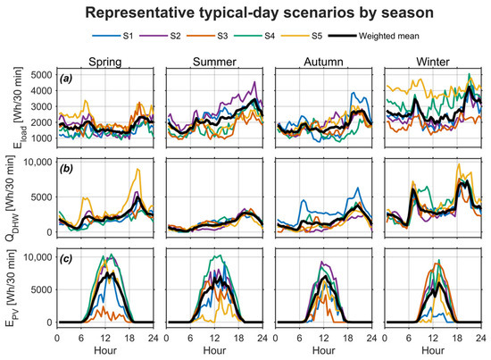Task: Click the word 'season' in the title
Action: (x=407, y=13)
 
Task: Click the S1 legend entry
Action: (x=112, y=36)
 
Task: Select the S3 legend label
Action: (x=222, y=36)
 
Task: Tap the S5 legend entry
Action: (x=302, y=36)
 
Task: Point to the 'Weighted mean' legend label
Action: (x=389, y=36)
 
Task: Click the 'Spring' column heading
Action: (x=105, y=62)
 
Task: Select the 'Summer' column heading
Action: (x=214, y=62)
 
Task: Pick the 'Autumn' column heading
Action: (x=323, y=62)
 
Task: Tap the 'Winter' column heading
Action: (x=433, y=62)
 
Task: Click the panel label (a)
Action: (x=66, y=79)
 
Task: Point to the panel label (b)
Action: (x=66, y=169)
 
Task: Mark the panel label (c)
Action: (x=66, y=259)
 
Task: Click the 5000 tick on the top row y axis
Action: (x=41, y=74)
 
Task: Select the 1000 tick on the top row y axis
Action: (x=41, y=138)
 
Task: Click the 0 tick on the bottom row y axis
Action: (x=49, y=322)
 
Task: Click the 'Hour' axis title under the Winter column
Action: (x=433, y=350)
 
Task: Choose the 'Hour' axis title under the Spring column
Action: (x=105, y=350)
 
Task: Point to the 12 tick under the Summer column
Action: (x=214, y=339)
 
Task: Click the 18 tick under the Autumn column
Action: (x=347, y=339)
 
